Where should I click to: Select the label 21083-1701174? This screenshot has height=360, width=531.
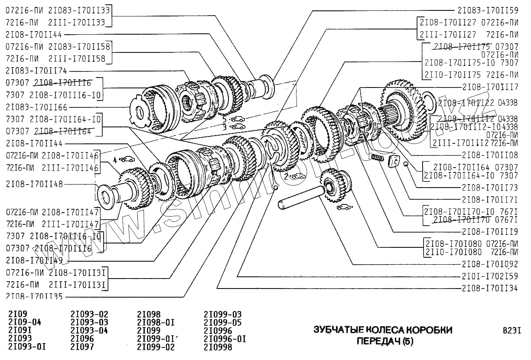pyautogui.click(x=36, y=71)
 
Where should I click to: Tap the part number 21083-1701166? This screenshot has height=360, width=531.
pyautogui.click(x=36, y=107)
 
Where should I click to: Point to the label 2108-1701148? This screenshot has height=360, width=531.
pyautogui.click(x=34, y=184)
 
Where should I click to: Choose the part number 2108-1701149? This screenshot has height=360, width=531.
pyautogui.click(x=34, y=260)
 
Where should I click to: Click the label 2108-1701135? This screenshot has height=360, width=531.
pyautogui.click(x=34, y=297)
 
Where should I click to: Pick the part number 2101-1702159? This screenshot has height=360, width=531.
pyautogui.click(x=489, y=276)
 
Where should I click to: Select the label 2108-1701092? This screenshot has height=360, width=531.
pyautogui.click(x=489, y=263)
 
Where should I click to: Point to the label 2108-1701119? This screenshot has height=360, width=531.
pyautogui.click(x=489, y=231)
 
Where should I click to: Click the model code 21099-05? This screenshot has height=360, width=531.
pyautogui.click(x=222, y=323)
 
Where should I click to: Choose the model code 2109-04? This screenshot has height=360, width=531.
pyautogui.click(x=25, y=323)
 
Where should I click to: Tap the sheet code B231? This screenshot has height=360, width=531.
pyautogui.click(x=511, y=331)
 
